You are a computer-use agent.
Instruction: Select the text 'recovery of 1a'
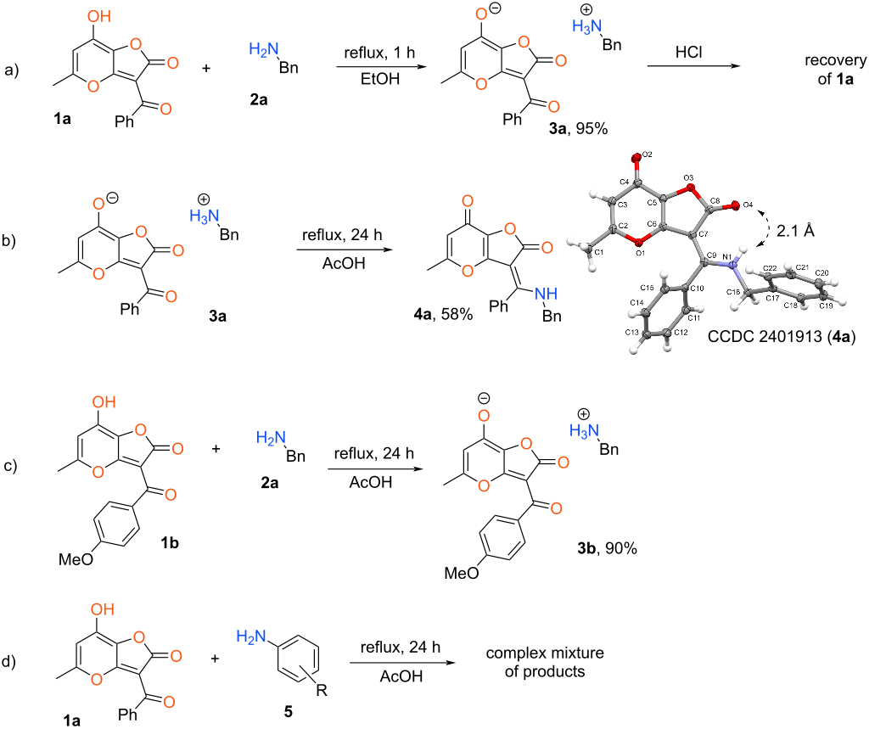pyautogui.click(x=828, y=70)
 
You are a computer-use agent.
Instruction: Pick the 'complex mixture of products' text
pyautogui.click(x=537, y=662)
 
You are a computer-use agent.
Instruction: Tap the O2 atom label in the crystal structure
pyautogui.click(x=648, y=155)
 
